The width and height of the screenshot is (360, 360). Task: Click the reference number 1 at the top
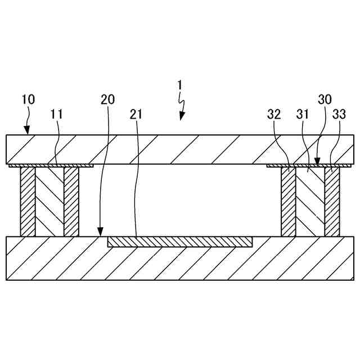179,85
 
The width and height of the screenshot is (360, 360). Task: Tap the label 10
28,100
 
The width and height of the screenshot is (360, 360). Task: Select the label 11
56,114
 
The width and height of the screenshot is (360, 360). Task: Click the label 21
137,114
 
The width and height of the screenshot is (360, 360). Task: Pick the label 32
274,114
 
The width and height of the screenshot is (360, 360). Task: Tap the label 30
325,100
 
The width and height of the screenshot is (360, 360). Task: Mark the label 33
339,114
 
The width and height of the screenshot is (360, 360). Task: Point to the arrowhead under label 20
101,232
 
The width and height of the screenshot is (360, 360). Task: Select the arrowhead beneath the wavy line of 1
181,117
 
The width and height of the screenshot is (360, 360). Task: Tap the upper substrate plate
180,149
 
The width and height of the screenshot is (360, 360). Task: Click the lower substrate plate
180,264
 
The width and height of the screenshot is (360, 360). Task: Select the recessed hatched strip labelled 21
180,242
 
